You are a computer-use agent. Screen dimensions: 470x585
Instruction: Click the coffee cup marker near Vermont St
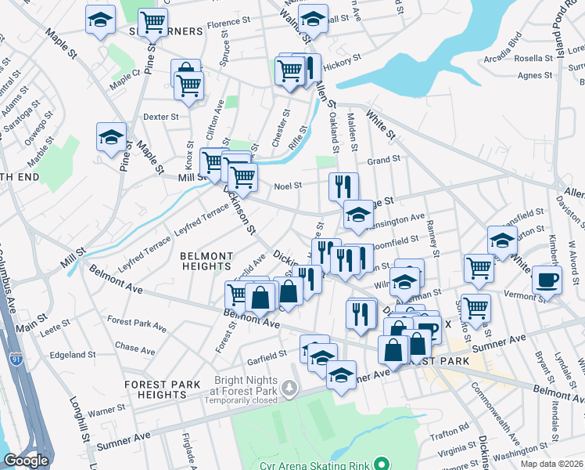(547, 280)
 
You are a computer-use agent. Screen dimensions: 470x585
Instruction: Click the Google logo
(26, 461)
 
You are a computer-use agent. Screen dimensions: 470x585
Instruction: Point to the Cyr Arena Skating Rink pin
(380, 465)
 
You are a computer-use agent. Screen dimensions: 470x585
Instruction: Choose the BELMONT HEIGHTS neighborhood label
(206, 261)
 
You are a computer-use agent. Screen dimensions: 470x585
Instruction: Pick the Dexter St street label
(161, 116)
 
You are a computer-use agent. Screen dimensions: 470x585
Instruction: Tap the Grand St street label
(384, 159)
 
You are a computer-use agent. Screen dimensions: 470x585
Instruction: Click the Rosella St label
(533, 58)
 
